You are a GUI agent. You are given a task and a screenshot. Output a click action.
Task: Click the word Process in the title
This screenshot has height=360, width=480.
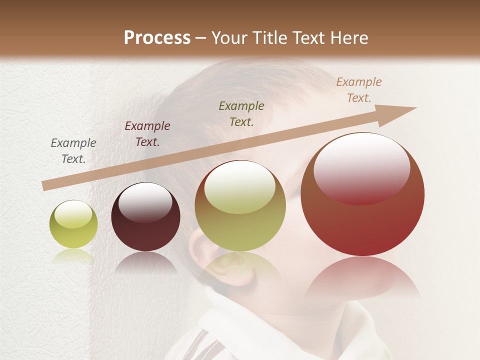pyautogui.click(x=157, y=38)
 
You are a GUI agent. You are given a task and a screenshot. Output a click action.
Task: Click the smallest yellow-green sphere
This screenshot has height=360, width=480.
pyautogui.click(x=73, y=224)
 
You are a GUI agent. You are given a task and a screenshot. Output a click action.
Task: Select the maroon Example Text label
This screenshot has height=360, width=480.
pyautogui.click(x=147, y=134)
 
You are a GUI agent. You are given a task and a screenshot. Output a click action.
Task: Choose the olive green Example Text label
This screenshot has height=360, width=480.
pyautogui.click(x=241, y=113)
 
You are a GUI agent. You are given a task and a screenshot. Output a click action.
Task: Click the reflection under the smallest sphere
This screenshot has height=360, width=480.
pyautogui.click(x=73, y=256)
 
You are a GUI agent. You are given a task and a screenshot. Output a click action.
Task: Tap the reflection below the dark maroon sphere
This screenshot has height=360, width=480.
pyautogui.click(x=145, y=262)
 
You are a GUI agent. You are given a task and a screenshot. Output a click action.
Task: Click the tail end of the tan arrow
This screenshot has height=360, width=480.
pyautogui.click(x=46, y=185)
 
